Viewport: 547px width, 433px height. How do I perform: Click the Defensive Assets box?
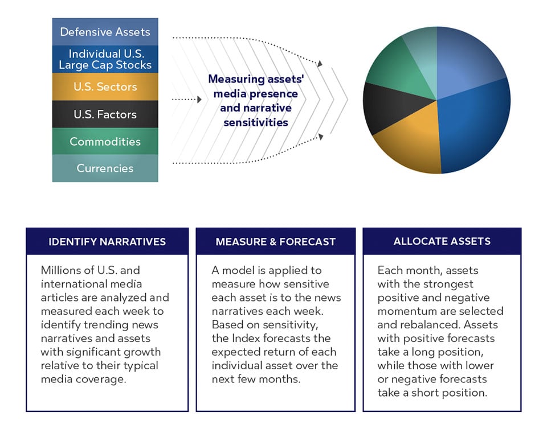(105, 32)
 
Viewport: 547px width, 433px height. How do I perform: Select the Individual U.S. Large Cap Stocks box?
(105, 59)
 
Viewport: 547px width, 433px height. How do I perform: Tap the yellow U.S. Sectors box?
(105, 87)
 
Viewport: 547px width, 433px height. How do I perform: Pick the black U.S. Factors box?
(105, 114)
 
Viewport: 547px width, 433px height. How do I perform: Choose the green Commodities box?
(105, 142)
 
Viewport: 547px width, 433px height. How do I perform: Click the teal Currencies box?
(105, 168)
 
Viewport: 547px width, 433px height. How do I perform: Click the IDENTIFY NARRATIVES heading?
(107, 242)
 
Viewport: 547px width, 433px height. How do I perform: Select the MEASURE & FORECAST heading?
(275, 242)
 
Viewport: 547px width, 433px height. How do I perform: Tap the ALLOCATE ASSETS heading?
(442, 241)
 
